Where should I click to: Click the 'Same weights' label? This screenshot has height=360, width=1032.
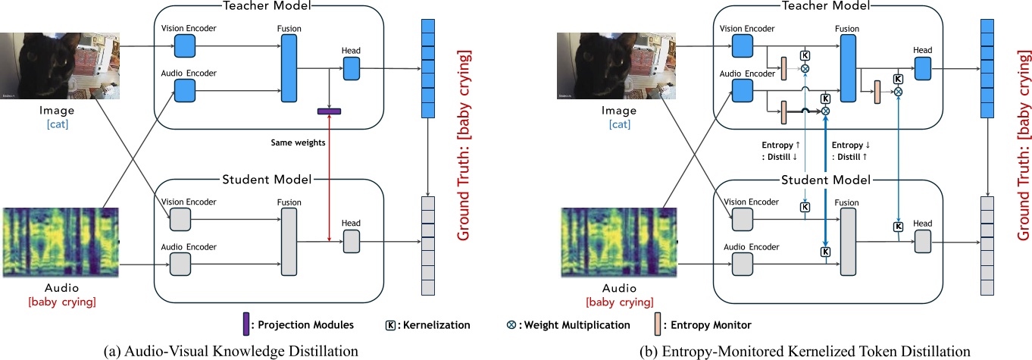click(299, 142)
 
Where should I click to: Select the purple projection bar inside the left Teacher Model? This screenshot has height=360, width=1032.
click(329, 111)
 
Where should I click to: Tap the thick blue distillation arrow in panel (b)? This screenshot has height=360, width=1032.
click(826, 182)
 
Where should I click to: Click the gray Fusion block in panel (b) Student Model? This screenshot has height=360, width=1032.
click(848, 243)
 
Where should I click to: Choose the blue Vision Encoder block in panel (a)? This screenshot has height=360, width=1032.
click(184, 49)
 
